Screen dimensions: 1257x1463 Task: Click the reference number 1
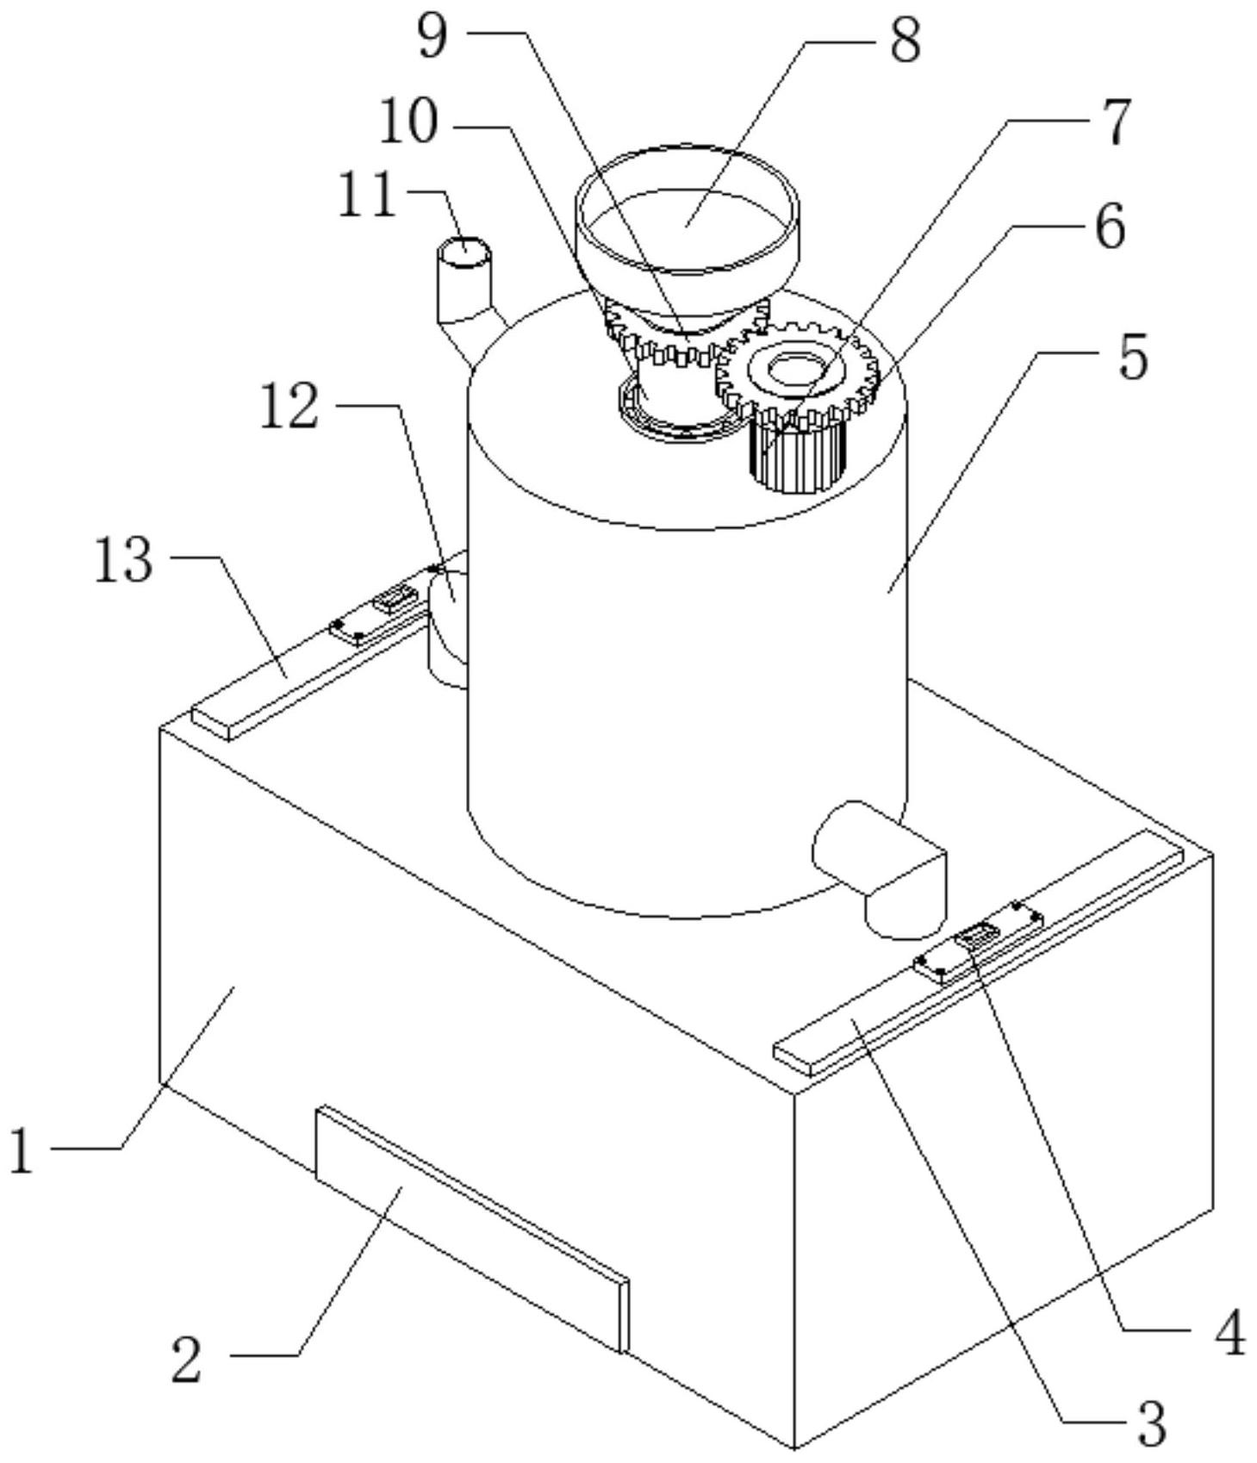(22, 1151)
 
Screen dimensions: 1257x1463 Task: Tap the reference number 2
(187, 1360)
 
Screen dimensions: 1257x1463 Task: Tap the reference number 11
(367, 196)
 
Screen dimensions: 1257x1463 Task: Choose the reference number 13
(123, 560)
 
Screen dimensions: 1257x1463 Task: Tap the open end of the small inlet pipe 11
(464, 252)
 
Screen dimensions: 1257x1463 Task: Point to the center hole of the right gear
(789, 370)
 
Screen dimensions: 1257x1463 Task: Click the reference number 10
(408, 124)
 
